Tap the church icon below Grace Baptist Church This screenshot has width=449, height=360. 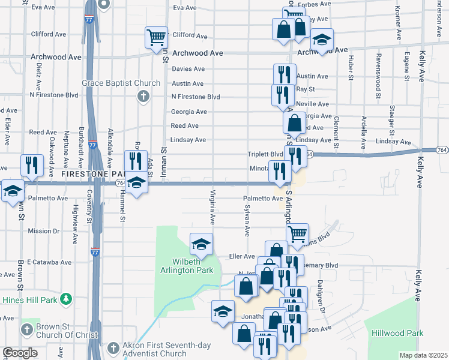coord(143,97)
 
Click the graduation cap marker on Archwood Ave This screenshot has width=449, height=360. coord(322,41)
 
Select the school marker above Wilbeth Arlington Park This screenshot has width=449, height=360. coord(202,244)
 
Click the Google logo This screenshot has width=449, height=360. coord(20,353)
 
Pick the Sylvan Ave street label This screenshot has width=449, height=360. coord(247,218)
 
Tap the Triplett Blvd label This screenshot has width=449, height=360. coord(265,154)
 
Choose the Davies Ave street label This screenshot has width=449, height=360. coord(188,69)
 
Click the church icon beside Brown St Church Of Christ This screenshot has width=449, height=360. coord(26,329)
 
